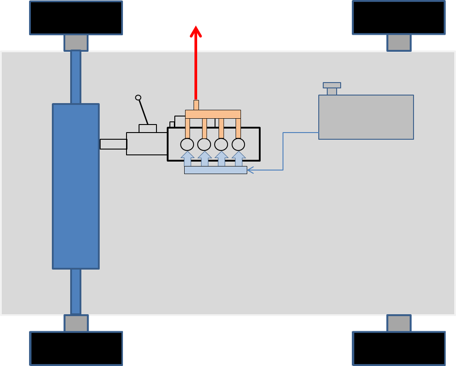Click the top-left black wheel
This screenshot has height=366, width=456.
click(x=76, y=18)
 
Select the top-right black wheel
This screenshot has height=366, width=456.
click(x=399, y=18)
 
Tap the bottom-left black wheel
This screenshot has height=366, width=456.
click(x=76, y=348)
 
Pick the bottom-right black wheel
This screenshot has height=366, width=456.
click(x=399, y=348)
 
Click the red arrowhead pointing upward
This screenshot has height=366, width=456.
click(x=195, y=31)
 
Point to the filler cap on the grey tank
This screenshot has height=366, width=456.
click(x=332, y=85)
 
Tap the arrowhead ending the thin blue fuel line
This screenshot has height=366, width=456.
click(x=249, y=170)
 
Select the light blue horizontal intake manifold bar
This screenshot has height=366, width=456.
click(x=215, y=170)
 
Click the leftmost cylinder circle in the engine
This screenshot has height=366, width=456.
click(x=187, y=145)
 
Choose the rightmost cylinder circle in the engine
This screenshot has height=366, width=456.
click(x=238, y=145)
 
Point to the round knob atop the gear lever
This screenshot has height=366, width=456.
click(x=138, y=98)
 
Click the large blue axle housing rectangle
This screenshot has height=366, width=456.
click(x=76, y=186)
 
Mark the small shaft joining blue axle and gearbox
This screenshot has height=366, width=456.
click(x=113, y=144)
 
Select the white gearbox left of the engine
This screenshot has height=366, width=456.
click(x=147, y=144)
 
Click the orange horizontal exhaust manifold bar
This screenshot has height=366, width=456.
click(x=213, y=114)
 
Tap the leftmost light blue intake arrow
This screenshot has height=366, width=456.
click(x=187, y=159)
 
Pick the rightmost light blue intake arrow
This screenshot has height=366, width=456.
click(x=239, y=159)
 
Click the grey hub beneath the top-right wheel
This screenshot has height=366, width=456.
click(x=399, y=43)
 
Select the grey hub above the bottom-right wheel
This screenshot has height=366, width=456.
click(x=399, y=323)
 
